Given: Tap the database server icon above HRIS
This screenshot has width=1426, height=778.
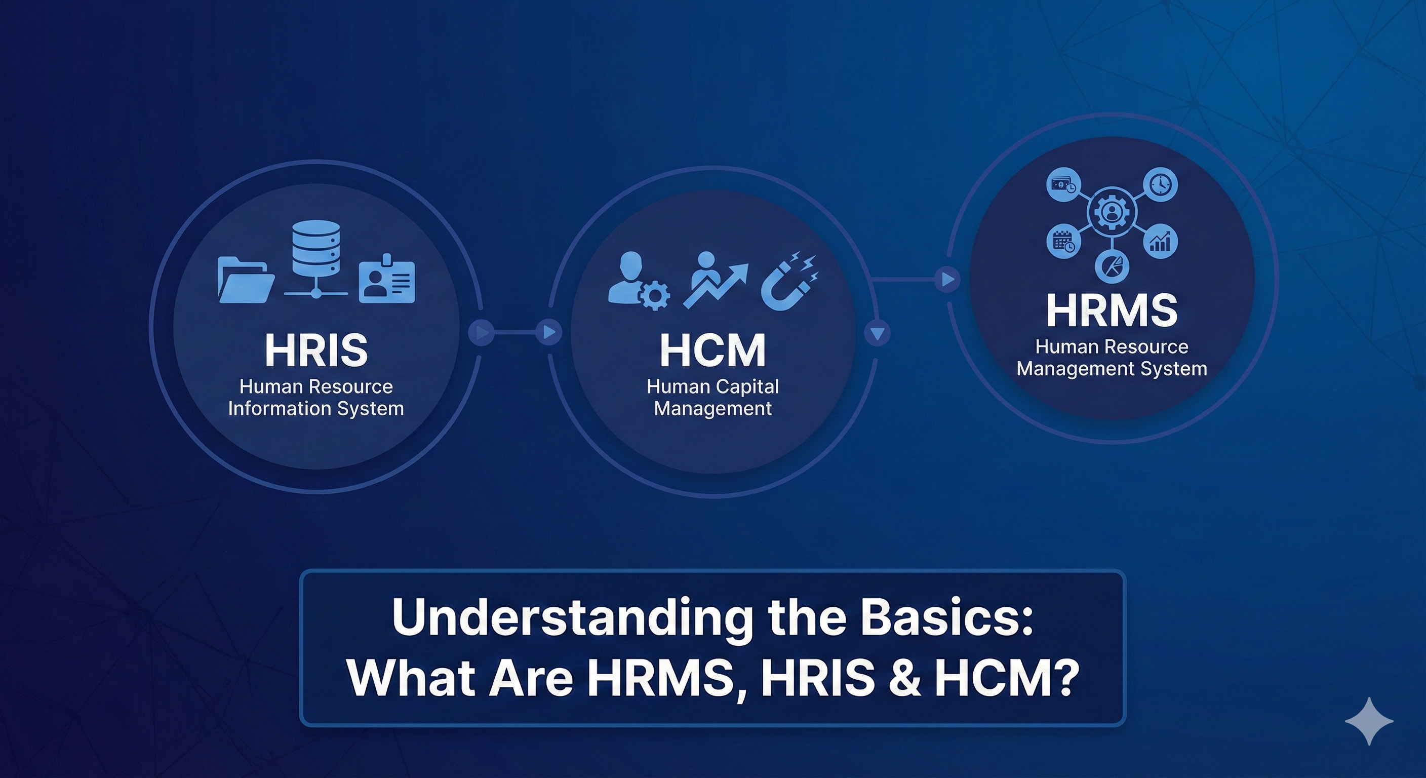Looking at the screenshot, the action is click(x=316, y=259).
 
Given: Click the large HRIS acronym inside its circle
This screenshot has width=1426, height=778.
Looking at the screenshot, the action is click(x=316, y=350).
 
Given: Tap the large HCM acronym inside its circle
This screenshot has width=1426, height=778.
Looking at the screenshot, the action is click(x=713, y=350).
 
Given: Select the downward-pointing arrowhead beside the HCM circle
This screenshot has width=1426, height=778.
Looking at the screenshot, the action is click(x=877, y=333).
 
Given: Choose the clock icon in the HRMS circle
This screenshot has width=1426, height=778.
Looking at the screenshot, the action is click(x=1160, y=184).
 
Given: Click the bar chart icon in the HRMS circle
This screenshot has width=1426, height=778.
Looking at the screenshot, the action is click(x=1160, y=242).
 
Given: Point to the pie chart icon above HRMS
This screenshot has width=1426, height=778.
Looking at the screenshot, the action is click(x=1112, y=267).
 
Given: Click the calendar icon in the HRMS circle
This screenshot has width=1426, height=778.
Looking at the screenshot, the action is click(x=1063, y=242).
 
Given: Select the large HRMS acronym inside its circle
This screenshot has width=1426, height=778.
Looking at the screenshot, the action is click(x=1112, y=310).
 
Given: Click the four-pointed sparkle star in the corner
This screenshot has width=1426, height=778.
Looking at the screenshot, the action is click(x=1369, y=721).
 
